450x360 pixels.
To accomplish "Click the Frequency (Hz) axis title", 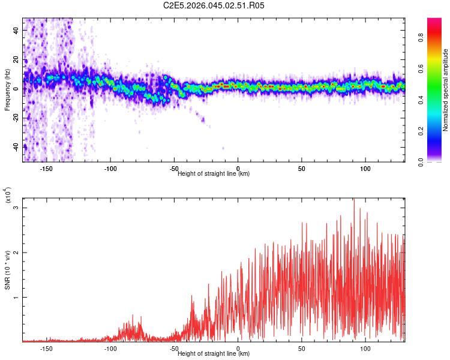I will [7, 90].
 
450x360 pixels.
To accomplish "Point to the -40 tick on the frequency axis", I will [16, 146].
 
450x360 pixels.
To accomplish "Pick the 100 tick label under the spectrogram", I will [365, 168].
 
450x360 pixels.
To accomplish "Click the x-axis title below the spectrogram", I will [214, 173].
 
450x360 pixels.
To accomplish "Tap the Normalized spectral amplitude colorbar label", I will [445, 90].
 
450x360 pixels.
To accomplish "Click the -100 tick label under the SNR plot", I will [110, 348].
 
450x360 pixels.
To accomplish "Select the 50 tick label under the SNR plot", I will [302, 348].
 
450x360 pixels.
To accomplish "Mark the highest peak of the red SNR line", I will [354, 199].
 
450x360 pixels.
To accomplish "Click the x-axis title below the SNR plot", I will [214, 353].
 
